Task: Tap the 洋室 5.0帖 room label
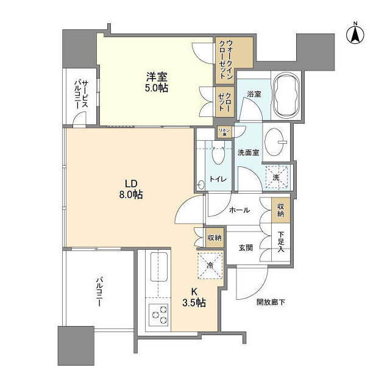point(157,82)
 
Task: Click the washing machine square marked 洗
point(277,177)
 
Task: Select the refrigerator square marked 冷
point(209,265)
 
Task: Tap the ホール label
point(238,210)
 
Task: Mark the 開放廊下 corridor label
point(268,302)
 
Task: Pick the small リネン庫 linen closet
point(225,131)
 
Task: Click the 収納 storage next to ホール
point(280,210)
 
